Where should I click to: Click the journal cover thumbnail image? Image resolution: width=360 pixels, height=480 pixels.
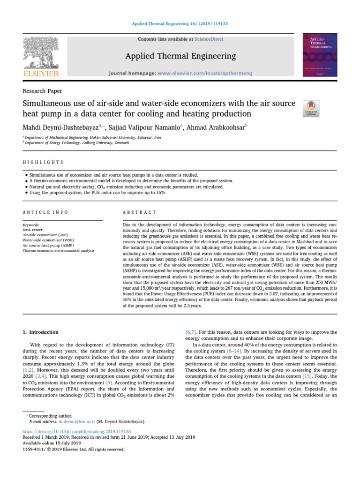320,55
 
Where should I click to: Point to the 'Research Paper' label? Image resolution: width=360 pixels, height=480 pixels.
42,91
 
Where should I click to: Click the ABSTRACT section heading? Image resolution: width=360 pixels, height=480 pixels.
139,212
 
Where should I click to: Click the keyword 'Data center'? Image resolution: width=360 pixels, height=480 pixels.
32,230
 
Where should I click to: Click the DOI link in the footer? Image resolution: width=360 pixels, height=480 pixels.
77,431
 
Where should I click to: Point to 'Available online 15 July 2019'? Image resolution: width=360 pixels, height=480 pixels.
52,443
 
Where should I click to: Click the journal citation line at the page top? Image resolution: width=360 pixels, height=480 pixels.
180,22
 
